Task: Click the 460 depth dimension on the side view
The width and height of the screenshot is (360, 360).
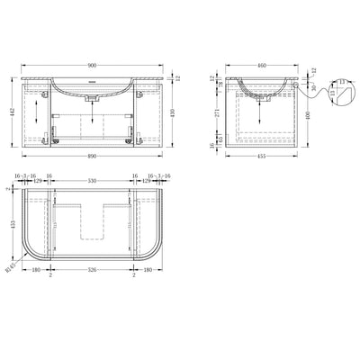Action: click(261, 65)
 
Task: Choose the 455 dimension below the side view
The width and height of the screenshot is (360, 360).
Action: click(260, 156)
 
